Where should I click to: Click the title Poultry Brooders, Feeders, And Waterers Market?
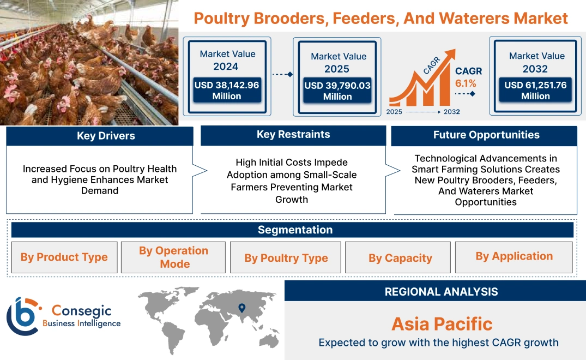380,19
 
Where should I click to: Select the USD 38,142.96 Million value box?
227,91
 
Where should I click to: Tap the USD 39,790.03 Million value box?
337,91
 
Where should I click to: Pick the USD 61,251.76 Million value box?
535,91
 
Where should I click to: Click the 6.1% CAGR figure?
466,83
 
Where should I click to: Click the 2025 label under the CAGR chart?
395,112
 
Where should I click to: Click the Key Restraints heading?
293,135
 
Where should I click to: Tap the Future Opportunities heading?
486,135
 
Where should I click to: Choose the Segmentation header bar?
295,230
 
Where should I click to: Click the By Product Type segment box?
64,257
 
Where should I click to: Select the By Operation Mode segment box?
173,257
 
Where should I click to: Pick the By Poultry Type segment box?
286,257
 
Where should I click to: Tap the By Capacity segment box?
400,257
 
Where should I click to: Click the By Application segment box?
513,256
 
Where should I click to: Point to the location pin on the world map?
241,308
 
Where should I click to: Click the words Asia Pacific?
442,324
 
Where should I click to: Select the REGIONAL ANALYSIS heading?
441,292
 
